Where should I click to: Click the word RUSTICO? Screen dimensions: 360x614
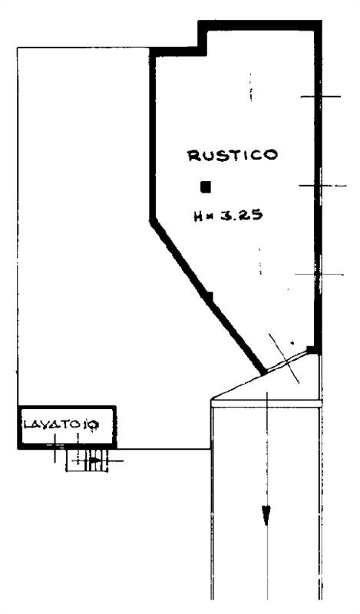(x=233, y=155)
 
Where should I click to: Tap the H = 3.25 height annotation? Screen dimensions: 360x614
(x=228, y=216)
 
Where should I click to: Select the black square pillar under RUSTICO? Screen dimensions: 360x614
(x=206, y=187)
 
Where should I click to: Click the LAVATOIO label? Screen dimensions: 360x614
(x=61, y=424)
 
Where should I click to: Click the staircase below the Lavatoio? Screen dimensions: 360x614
(x=87, y=460)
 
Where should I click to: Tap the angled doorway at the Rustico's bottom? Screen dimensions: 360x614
(x=285, y=361)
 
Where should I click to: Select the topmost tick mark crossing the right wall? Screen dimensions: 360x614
(x=320, y=97)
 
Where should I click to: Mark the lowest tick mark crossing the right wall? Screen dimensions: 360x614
(x=319, y=275)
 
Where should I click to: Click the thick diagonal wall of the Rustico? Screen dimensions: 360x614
(x=207, y=297)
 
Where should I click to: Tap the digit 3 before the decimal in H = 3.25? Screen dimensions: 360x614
(x=226, y=215)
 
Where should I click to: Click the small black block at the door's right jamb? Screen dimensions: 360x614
(x=311, y=350)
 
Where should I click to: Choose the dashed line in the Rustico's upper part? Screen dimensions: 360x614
(x=251, y=87)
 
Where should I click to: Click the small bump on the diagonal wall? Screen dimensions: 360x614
(x=210, y=296)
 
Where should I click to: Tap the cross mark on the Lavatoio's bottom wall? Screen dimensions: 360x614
(x=54, y=447)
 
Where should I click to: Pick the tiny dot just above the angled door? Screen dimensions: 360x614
(x=292, y=343)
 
